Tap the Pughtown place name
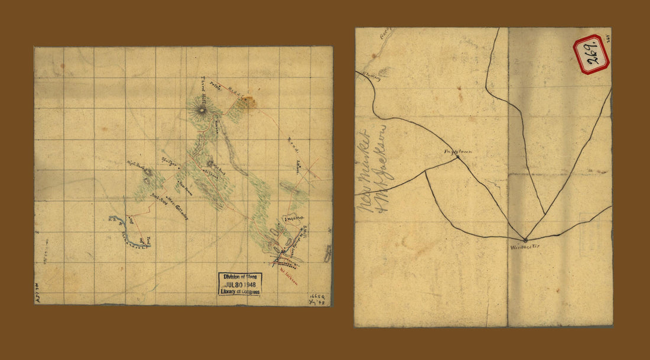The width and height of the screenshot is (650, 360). [x=459, y=151]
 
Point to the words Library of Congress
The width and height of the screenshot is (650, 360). [x=239, y=291]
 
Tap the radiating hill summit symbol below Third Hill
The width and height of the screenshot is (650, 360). [x=203, y=110]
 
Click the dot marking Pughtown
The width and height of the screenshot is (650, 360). [x=458, y=157]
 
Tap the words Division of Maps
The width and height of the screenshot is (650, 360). [x=239, y=277]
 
